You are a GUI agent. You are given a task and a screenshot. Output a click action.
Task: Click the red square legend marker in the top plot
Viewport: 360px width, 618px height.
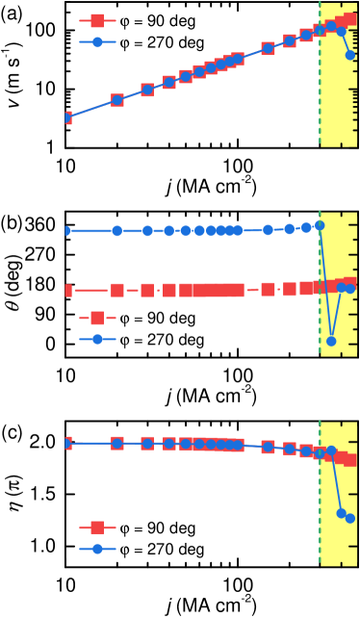[97, 20]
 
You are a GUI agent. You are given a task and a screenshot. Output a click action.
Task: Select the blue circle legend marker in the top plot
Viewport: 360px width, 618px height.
[97, 42]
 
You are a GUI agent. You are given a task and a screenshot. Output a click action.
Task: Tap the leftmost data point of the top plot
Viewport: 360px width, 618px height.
[66, 117]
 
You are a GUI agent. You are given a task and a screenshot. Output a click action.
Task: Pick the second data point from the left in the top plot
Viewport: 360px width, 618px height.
[117, 100]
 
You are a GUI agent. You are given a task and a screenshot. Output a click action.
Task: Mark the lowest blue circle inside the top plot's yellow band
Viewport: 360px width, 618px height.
[350, 55]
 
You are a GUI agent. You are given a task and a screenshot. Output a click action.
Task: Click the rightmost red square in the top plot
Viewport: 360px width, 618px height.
[350, 18]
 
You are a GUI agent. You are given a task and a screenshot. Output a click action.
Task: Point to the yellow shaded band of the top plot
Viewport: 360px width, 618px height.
[338, 106]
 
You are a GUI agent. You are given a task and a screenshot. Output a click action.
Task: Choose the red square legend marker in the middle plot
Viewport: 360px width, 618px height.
[97, 318]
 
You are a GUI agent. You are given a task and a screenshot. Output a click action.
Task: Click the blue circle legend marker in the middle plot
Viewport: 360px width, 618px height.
[97, 339]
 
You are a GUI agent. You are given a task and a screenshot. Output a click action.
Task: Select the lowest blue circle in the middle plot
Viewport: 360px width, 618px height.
[331, 341]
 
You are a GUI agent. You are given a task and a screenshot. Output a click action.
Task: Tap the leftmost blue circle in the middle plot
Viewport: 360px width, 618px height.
[66, 231]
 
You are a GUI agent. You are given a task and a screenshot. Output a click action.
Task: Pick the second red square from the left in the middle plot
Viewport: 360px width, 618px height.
[117, 290]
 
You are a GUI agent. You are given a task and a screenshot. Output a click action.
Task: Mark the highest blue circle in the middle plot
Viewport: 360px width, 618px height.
[320, 225]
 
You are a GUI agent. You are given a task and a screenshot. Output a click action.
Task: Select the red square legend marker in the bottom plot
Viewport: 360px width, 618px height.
[97, 527]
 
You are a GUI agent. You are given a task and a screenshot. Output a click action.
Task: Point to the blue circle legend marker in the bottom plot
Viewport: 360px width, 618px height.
[97, 549]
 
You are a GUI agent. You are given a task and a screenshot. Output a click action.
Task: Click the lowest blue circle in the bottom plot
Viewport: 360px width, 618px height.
[350, 518]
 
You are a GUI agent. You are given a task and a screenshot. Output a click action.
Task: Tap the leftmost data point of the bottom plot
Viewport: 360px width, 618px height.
[66, 443]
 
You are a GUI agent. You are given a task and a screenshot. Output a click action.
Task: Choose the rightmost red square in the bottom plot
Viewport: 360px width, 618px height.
[350, 460]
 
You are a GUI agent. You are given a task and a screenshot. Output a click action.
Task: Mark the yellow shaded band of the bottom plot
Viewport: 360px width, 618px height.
[338, 539]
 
